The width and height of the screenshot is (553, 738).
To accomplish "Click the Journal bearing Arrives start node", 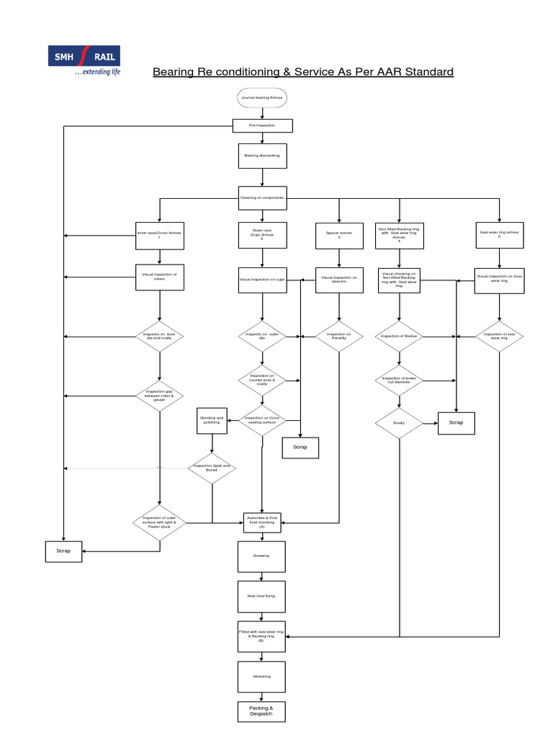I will pos(261,97).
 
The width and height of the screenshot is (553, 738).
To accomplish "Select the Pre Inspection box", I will pos(261,125).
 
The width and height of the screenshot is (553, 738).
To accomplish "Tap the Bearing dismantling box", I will pos(261,155).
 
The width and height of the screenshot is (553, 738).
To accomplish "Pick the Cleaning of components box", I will pos(261,197).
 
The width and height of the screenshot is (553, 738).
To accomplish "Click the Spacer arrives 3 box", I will pos(338,235).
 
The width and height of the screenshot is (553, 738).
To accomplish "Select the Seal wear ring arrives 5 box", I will pos(498,235).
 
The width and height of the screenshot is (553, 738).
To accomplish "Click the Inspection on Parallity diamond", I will pos(338,336).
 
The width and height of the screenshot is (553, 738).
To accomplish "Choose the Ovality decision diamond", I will pos(399,424).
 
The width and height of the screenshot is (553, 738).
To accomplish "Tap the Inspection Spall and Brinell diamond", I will pos(212,468).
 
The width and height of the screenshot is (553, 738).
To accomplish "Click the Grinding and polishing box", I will pos(212,421).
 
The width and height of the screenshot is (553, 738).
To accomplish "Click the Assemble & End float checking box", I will pos(261,523).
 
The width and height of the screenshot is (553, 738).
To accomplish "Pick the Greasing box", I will pos(261,556).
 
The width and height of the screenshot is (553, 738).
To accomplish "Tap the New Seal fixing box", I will pos(261,595).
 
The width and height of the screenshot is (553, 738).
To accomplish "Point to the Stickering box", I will pos(261,676).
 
